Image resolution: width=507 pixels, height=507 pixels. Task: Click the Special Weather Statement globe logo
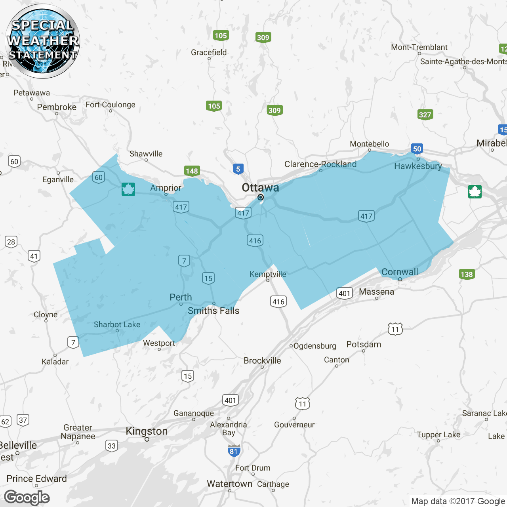(42, 41)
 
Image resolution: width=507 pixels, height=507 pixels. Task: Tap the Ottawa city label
(260, 187)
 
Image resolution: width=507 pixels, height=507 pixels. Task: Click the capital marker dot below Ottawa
(260, 197)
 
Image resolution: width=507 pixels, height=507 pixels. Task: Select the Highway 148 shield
(192, 171)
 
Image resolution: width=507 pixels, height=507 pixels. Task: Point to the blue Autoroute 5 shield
(238, 169)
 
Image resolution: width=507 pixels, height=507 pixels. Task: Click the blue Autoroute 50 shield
(417, 149)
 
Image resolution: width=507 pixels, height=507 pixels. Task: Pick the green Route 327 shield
(425, 115)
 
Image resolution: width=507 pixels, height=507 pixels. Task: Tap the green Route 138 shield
(467, 274)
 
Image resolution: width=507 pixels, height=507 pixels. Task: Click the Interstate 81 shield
(234, 451)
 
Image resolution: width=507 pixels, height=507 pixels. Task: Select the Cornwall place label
(400, 272)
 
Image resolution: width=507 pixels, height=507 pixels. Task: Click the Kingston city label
(147, 431)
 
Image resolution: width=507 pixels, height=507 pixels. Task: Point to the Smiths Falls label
(213, 311)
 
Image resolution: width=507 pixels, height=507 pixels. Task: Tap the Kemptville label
(268, 274)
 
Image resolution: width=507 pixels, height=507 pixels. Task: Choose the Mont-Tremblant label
(419, 47)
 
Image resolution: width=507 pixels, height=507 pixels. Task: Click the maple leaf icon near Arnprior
(128, 189)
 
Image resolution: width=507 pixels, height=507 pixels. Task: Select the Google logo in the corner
(27, 497)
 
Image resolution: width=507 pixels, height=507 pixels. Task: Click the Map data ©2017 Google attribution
(458, 501)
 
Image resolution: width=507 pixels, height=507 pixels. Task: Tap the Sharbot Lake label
(117, 324)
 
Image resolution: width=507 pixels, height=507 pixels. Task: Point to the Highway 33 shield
(112, 446)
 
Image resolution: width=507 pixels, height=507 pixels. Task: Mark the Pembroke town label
(57, 107)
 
